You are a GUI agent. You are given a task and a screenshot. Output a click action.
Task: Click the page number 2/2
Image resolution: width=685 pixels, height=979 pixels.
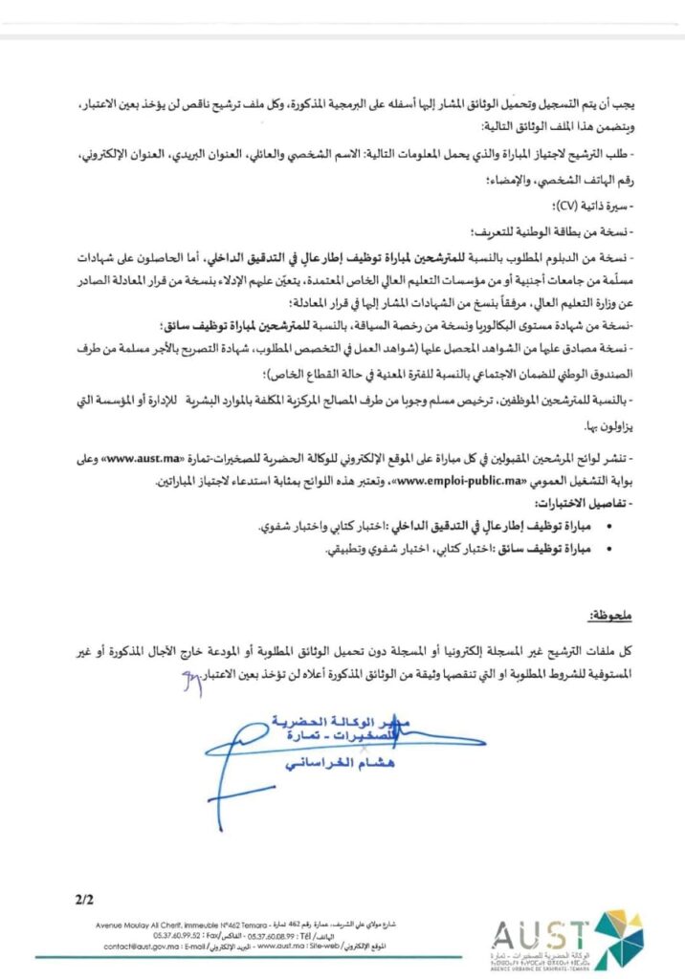[82, 900]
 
